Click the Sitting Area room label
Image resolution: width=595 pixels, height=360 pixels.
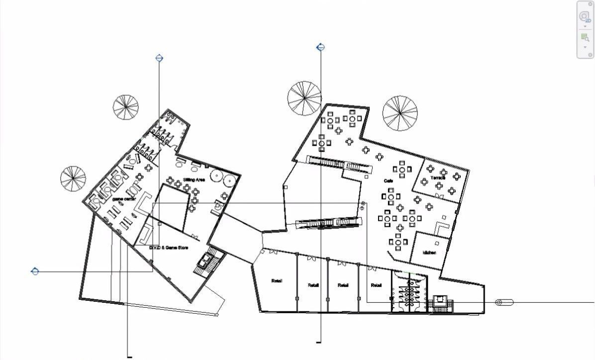pyautogui.click(x=194, y=180)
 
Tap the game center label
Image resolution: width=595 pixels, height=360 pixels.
pyautogui.click(x=124, y=199)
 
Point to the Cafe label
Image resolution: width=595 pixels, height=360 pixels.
pyautogui.click(x=389, y=181)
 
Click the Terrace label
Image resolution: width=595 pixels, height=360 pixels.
pyautogui.click(x=438, y=178)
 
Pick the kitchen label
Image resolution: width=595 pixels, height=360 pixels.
pyautogui.click(x=429, y=253)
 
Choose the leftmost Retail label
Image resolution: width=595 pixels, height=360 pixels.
pyautogui.click(x=277, y=281)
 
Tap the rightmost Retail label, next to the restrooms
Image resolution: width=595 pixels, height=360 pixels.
pyautogui.click(x=376, y=285)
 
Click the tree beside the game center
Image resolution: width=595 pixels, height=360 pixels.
pyautogui.click(x=73, y=179)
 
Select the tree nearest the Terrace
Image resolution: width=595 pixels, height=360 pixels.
pyautogui.click(x=400, y=113)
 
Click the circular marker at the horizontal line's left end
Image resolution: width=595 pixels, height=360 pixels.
pyautogui.click(x=35, y=271)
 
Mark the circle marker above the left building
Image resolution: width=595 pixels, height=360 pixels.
pyautogui.click(x=159, y=58)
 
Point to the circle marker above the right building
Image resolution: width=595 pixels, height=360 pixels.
pyautogui.click(x=321, y=48)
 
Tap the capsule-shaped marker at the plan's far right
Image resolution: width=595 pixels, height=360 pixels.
pyautogui.click(x=504, y=302)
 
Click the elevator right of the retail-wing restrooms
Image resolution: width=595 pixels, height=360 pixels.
pyautogui.click(x=440, y=301)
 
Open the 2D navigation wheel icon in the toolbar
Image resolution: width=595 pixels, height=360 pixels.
pyautogui.click(x=585, y=16)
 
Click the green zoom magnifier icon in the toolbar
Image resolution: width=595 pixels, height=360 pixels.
pyautogui.click(x=585, y=37)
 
